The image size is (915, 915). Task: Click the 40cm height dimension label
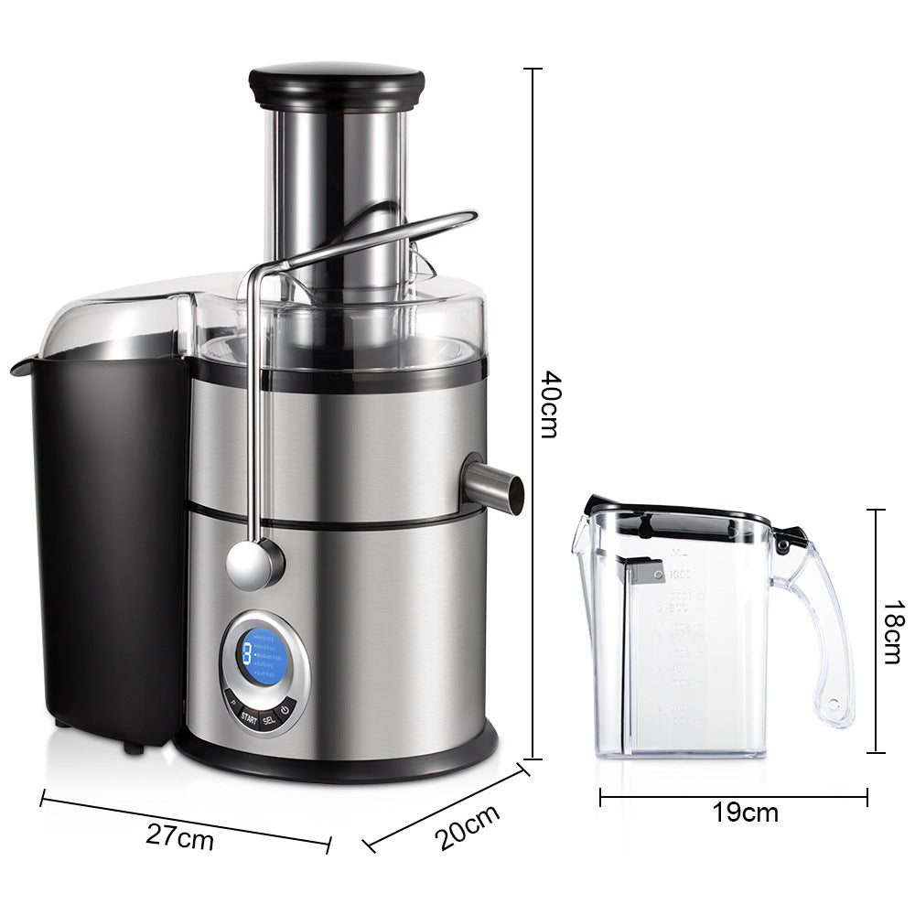548,404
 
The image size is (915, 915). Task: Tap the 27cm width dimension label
180,835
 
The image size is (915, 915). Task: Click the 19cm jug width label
747,812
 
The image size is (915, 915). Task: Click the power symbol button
285,709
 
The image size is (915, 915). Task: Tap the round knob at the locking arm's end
253,563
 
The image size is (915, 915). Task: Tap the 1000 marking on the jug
679,575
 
